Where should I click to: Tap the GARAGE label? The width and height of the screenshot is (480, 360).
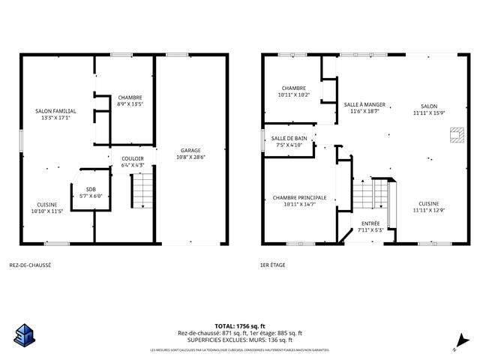pyautogui.click(x=190, y=151)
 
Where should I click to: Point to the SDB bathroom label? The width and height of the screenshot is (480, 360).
pyautogui.click(x=91, y=189)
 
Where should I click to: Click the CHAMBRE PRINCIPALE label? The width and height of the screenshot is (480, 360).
pyautogui.click(x=294, y=197)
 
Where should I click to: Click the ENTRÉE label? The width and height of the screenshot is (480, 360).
pyautogui.click(x=370, y=223)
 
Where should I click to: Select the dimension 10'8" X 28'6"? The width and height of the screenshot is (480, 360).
pyautogui.click(x=190, y=157)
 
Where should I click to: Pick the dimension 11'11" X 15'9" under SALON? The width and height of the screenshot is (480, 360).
pyautogui.click(x=429, y=112)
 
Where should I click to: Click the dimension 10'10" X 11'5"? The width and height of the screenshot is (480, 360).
pyautogui.click(x=46, y=211)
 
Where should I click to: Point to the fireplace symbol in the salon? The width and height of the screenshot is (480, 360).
pyautogui.click(x=453, y=135)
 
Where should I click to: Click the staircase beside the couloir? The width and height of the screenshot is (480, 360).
pyautogui.click(x=141, y=190)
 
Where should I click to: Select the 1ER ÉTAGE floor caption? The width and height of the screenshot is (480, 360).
pyautogui.click(x=272, y=265)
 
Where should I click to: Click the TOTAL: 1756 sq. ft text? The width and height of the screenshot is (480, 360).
pyautogui.click(x=239, y=326)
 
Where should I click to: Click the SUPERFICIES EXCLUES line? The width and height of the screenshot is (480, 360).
pyautogui.click(x=239, y=340)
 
